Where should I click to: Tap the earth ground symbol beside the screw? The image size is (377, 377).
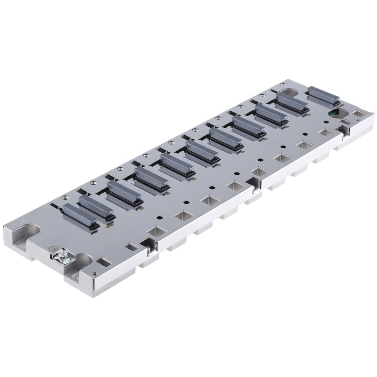[x=54, y=248]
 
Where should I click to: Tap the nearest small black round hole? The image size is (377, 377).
[x=160, y=218]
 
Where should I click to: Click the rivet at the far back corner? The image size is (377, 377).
[x=283, y=86]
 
